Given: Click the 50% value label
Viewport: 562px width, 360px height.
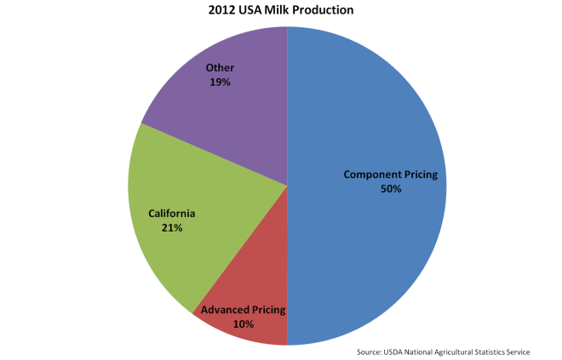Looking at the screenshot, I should coord(391,189).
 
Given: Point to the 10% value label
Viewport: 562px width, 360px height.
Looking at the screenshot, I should coord(244,323).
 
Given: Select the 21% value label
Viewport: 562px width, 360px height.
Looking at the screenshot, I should coord(172,228).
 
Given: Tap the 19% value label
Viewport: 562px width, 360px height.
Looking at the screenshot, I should coord(220,83).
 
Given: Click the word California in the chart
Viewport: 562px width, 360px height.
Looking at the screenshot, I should coord(172,214).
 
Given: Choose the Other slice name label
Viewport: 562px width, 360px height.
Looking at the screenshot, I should coord(220,68).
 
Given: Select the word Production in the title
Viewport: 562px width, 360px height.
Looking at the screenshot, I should coord(324,10).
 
